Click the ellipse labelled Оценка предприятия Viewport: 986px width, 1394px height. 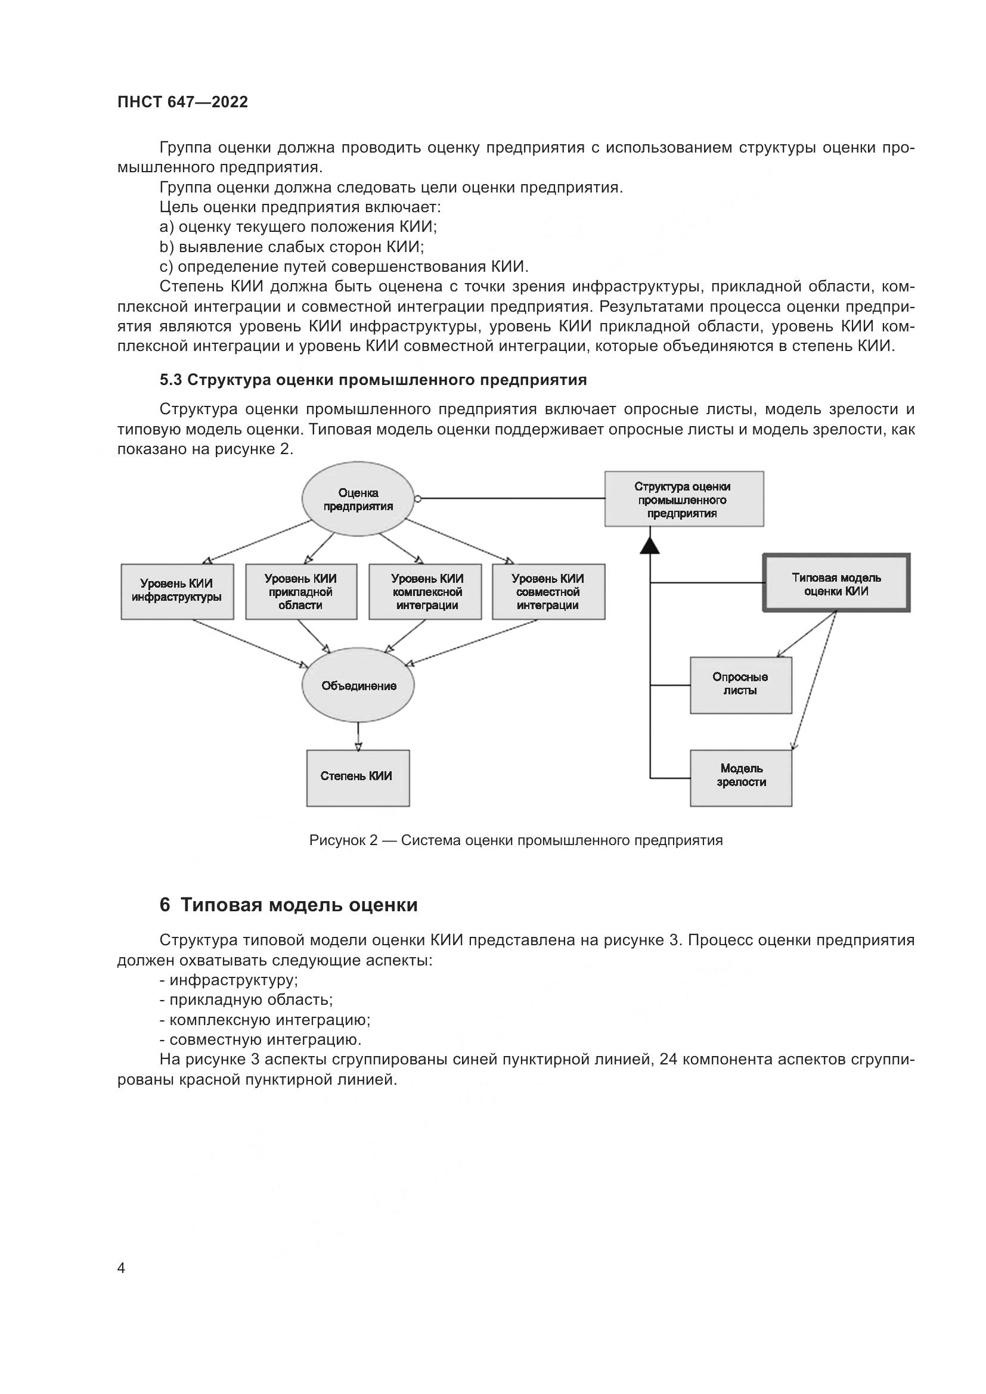[x=358, y=499]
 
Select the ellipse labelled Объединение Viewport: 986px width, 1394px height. [x=358, y=685]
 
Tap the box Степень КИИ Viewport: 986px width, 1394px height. [x=358, y=778]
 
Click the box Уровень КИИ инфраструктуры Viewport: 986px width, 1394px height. [x=176, y=591]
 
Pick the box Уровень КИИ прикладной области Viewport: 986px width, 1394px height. [x=301, y=591]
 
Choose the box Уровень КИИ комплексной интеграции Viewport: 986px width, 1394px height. [x=425, y=591]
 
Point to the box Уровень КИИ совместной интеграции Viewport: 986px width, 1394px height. [x=548, y=591]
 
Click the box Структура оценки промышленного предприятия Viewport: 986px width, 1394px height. [x=684, y=499]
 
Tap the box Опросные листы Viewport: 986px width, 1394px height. [x=741, y=685]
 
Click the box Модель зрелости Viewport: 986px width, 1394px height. [x=741, y=778]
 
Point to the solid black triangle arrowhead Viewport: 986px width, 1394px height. [x=650, y=545]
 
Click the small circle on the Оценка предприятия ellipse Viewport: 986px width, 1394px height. [x=418, y=499]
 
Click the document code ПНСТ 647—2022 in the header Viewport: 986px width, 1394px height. [x=183, y=102]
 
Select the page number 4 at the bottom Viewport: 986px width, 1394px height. [x=121, y=1268]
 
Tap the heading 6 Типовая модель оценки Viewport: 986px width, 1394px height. [x=289, y=905]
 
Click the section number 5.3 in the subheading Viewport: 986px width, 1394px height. [x=170, y=380]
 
